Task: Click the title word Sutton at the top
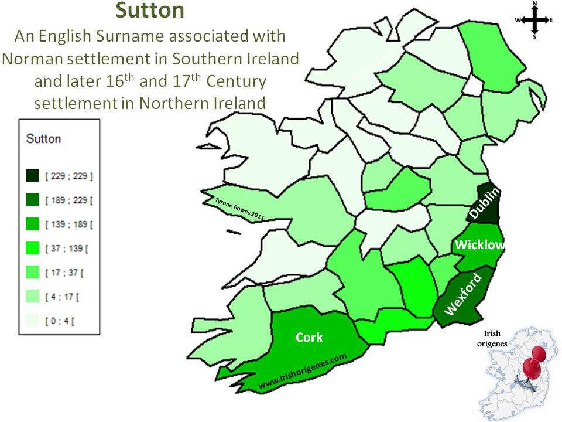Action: click(x=149, y=11)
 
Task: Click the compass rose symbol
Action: click(x=534, y=20)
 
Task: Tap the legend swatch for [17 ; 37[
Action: click(x=32, y=273)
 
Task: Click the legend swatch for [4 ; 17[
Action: click(x=32, y=297)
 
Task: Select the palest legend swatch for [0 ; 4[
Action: click(x=32, y=321)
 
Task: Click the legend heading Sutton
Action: click(x=44, y=139)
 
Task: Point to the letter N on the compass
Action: click(x=534, y=4)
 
